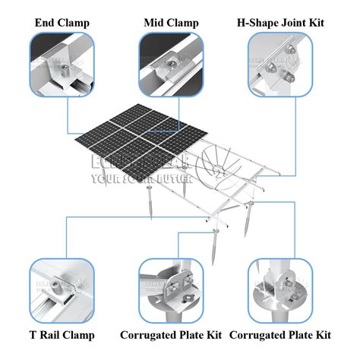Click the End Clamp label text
tap(62, 22)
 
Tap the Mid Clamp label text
tap(172, 22)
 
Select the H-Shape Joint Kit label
tap(280, 22)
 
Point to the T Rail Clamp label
tap(62, 335)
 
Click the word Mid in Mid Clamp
tap(155, 22)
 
